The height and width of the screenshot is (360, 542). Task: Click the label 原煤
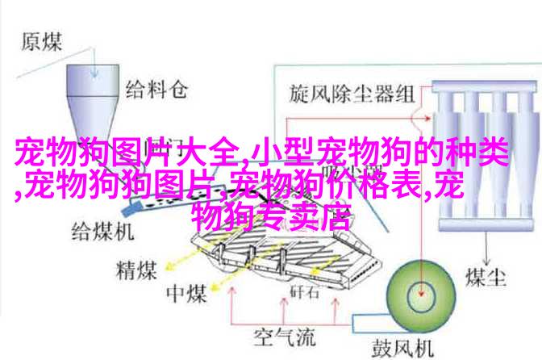tap(41, 42)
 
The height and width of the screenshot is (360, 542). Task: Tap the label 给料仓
tap(156, 90)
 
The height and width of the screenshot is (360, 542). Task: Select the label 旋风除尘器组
tap(352, 94)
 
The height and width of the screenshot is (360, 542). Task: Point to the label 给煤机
tap(102, 232)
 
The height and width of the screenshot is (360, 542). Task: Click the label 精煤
tap(136, 270)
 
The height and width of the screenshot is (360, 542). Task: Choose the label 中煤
tap(186, 295)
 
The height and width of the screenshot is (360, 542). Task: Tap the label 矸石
tap(304, 292)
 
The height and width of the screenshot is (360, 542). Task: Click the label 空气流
tap(285, 337)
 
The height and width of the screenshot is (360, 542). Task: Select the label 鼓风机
tap(402, 348)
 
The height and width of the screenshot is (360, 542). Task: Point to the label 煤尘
tap(486, 278)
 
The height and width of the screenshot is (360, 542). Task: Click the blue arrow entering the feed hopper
tap(94, 61)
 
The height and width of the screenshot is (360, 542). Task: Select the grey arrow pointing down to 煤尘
tap(486, 248)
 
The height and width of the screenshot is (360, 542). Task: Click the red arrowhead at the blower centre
tap(421, 292)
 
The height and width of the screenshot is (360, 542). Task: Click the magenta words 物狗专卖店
tap(271, 217)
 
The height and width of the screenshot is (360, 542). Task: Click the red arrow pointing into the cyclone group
tap(358, 119)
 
